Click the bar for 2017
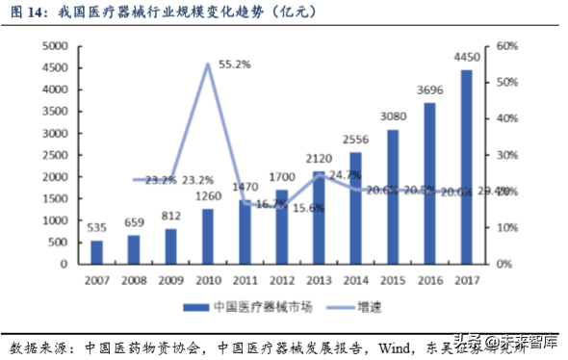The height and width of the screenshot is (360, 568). [466, 167]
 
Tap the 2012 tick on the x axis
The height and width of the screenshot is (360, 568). [281, 279]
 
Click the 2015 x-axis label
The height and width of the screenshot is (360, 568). [392, 279]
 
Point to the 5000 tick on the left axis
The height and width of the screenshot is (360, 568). [53, 46]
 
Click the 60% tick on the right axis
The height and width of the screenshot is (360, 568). [508, 46]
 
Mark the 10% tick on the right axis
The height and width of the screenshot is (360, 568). [508, 227]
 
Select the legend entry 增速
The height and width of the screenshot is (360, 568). [360, 305]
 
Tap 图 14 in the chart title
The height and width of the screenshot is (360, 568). [26, 13]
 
